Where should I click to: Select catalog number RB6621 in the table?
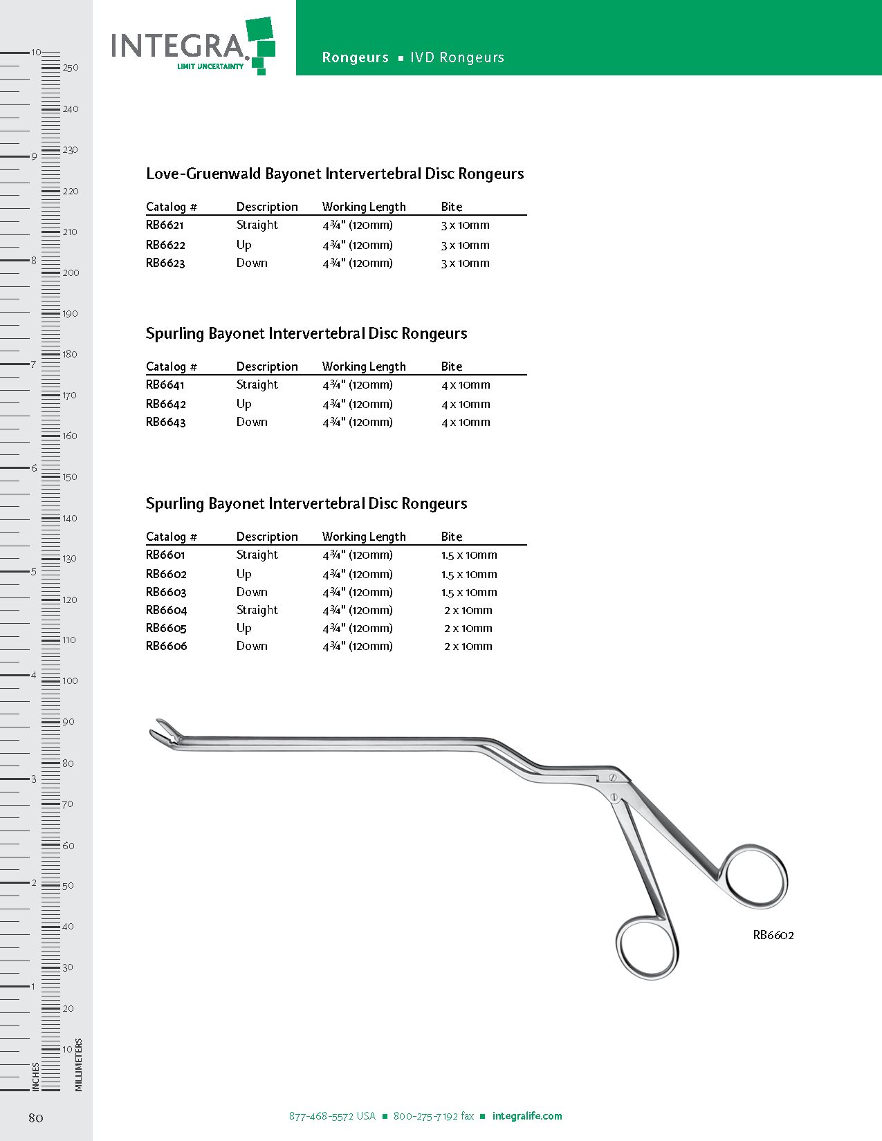[165, 225]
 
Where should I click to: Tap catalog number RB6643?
[165, 423]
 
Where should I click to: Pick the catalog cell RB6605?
[166, 629]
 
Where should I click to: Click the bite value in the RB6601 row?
[469, 555]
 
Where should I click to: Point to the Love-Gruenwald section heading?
[335, 174]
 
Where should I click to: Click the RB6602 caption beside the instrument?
[773, 936]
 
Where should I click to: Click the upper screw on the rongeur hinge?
[612, 779]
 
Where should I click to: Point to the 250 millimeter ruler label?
[71, 68]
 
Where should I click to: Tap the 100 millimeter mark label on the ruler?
[70, 681]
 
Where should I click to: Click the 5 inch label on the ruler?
[33, 572]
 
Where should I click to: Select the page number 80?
[36, 1117]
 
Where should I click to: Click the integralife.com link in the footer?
[527, 1116]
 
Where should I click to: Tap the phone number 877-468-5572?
[332, 1116]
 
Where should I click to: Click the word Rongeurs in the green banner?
[356, 58]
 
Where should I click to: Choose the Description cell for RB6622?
[244, 245]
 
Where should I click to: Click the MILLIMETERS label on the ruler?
[79, 1065]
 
